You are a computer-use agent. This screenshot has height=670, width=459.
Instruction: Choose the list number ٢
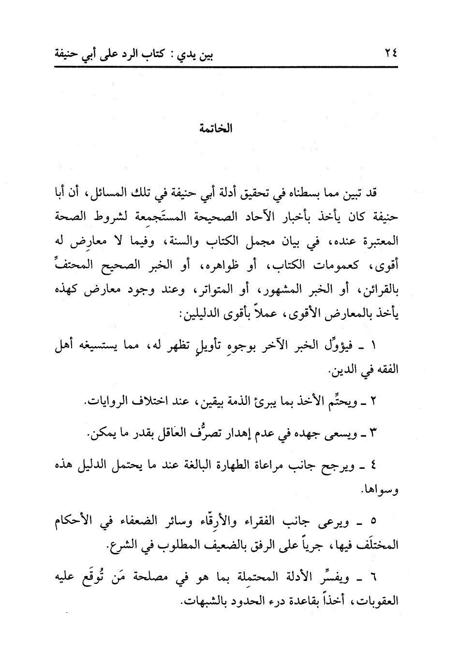click(373, 402)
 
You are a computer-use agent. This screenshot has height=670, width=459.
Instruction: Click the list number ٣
click(373, 434)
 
